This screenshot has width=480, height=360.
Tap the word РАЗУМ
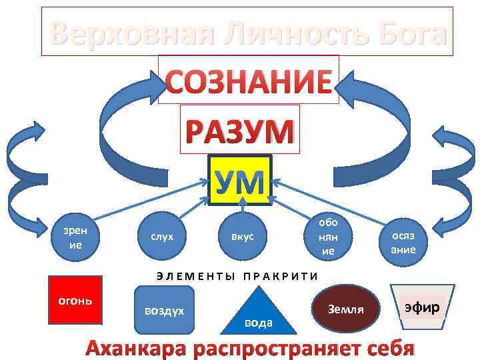pos(239,130)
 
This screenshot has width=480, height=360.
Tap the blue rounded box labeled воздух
pos(163,310)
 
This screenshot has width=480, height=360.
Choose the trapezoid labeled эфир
pos(422,308)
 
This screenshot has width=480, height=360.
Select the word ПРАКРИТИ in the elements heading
pos(281,275)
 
